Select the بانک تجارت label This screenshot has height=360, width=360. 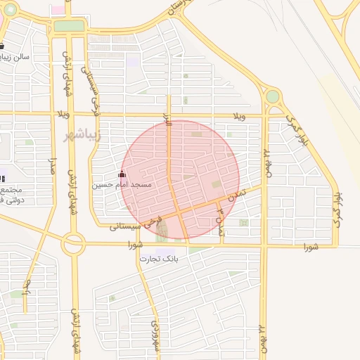(x=158, y=259)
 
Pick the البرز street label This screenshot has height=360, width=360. (x=167, y=120)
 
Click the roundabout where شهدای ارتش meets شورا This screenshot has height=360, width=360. (x=73, y=245)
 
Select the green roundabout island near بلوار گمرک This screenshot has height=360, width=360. (x=272, y=96)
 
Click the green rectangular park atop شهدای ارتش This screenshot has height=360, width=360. (x=69, y=26)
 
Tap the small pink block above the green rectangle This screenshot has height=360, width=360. (x=58, y=11)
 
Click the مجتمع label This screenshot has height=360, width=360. (x=12, y=191)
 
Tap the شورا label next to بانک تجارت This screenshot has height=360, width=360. (x=136, y=245)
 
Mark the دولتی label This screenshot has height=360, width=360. (x=12, y=200)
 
